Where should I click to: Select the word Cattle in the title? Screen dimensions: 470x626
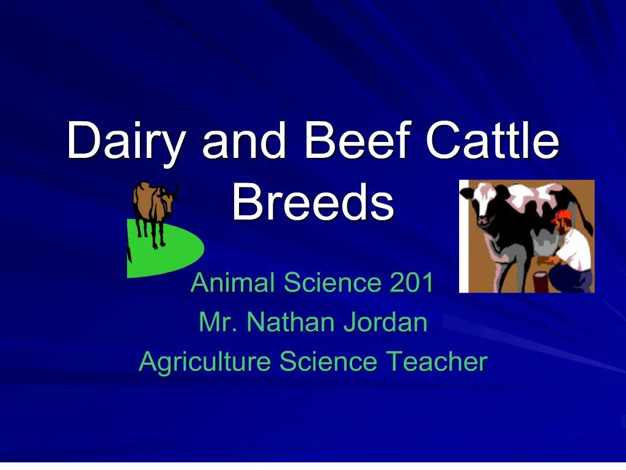[x=492, y=141]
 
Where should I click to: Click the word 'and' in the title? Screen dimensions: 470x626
[x=244, y=141]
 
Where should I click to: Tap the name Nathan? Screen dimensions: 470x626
[x=290, y=323]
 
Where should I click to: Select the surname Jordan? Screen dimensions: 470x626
[x=385, y=323]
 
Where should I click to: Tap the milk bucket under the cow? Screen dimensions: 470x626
[x=541, y=281]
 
